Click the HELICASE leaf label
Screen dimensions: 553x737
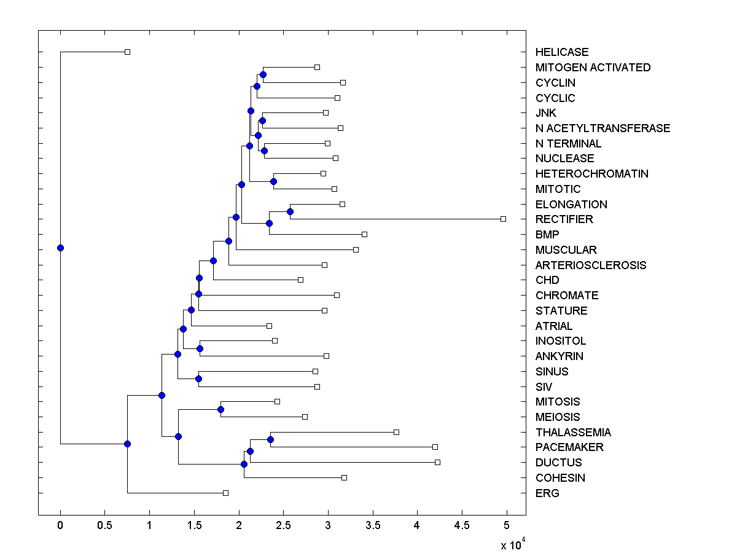(561, 52)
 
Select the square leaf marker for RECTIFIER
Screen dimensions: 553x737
(503, 219)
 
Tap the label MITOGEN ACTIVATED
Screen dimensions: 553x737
(593, 68)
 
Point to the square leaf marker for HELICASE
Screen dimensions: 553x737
(127, 52)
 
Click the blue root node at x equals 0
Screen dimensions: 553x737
(60, 248)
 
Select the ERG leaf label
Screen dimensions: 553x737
(547, 493)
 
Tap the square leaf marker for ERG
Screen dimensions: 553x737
(225, 493)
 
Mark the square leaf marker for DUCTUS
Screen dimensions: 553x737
(437, 462)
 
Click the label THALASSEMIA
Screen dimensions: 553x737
(573, 433)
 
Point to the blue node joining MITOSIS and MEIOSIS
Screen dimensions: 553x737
(220, 409)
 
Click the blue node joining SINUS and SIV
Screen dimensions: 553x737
(198, 378)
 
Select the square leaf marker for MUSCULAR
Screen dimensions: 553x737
(356, 249)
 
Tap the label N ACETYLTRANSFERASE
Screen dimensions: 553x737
(602, 128)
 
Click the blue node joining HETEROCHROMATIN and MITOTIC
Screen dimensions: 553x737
(273, 181)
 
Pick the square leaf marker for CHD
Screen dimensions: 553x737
(300, 280)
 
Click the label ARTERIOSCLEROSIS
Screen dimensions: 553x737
(590, 265)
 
